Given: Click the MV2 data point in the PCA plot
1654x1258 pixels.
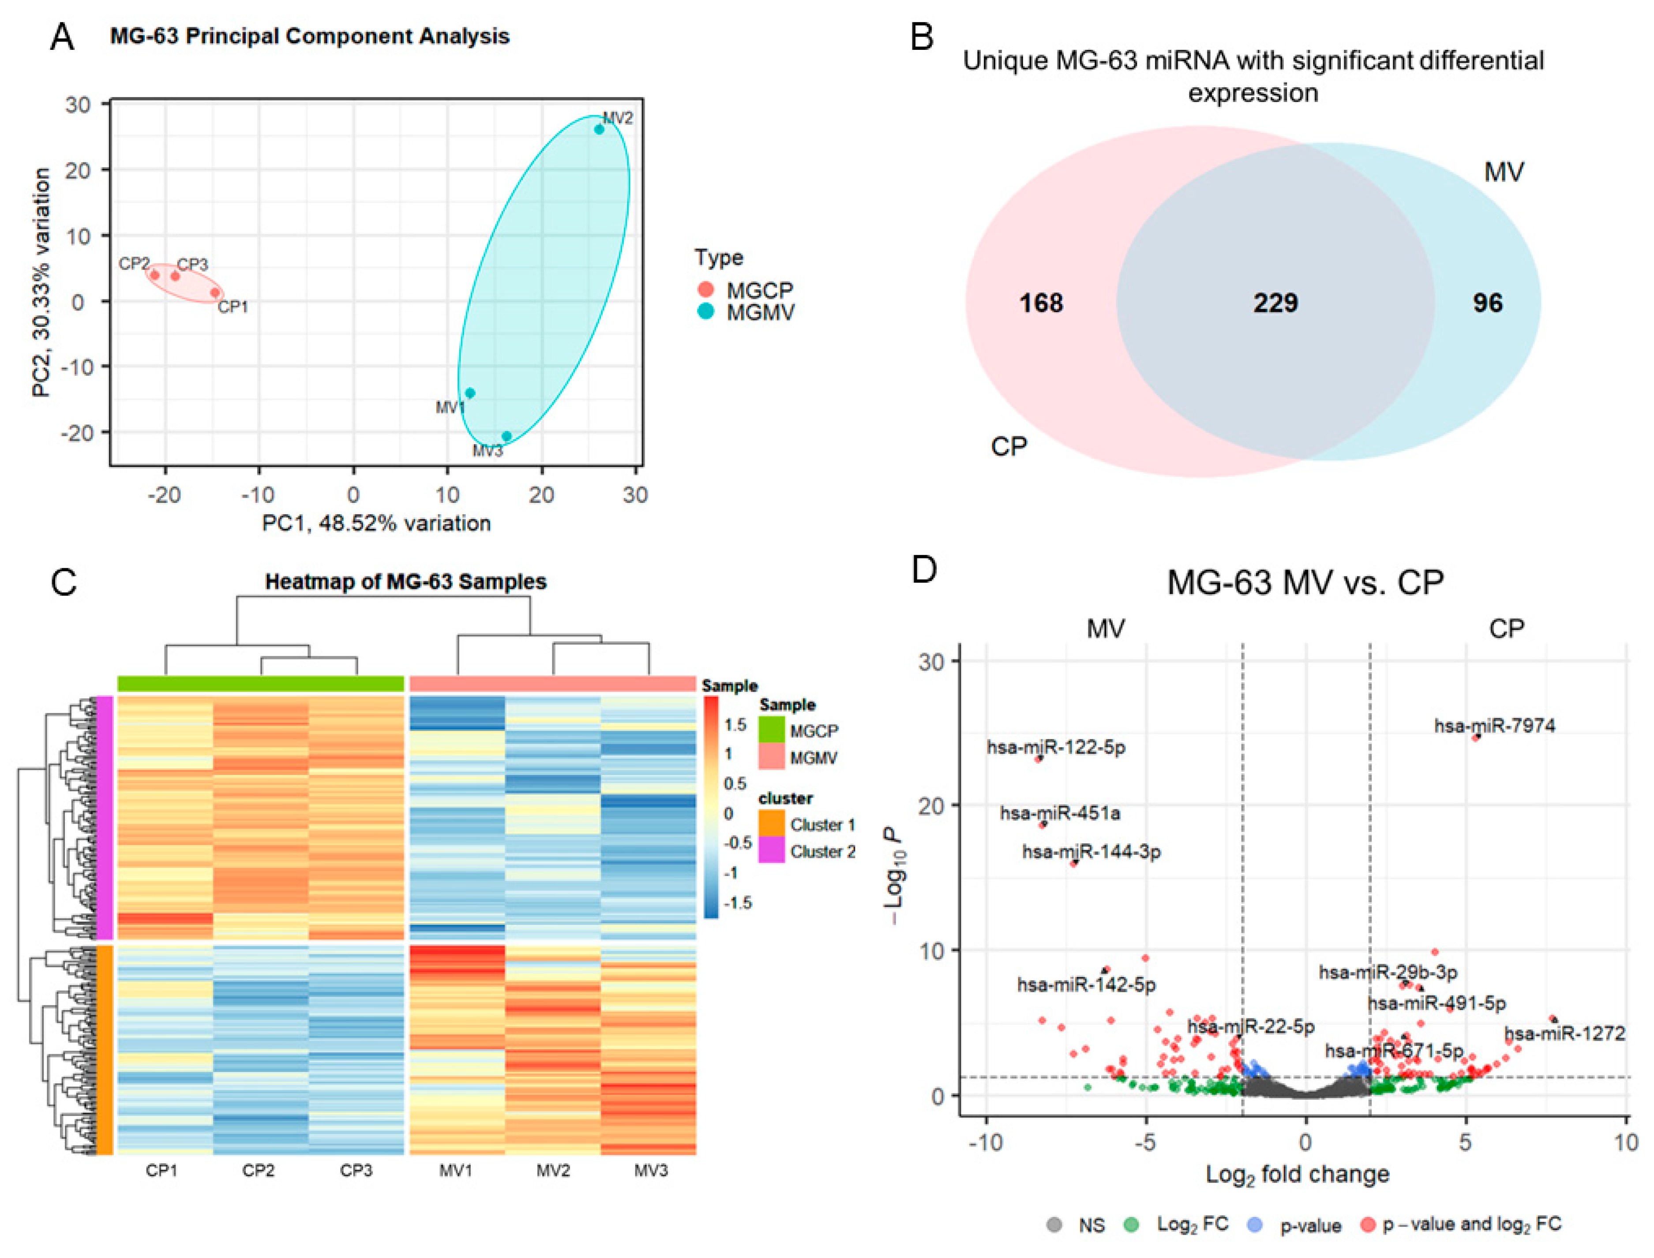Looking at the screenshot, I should [599, 130].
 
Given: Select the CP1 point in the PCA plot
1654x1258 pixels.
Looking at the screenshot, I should [215, 293].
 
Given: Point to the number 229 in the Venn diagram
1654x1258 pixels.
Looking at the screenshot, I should [1275, 303].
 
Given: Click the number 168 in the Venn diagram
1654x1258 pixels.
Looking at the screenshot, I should [1041, 303].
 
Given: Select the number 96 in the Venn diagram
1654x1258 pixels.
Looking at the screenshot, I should [1487, 303].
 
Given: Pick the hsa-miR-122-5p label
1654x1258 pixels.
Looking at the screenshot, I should [1056, 747].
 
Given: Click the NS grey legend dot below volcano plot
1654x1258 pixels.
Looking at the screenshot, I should [1054, 1225].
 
